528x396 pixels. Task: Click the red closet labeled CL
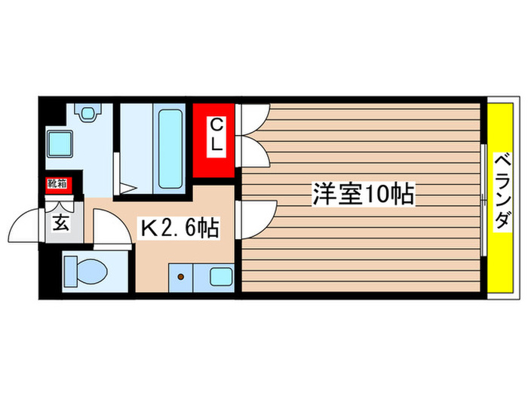[216, 140]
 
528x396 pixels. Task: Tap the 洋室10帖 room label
[364, 195]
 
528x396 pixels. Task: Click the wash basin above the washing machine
[89, 114]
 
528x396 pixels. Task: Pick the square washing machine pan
[60, 143]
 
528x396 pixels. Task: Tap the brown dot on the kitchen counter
[181, 277]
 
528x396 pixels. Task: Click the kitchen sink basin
[221, 277]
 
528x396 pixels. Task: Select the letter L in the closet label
[216, 149]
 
